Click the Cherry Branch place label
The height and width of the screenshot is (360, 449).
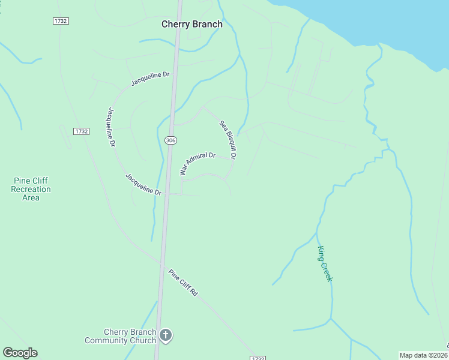[192, 25]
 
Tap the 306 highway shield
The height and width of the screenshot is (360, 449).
[170, 140]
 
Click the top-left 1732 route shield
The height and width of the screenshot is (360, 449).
[61, 21]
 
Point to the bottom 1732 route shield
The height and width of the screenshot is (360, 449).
[258, 358]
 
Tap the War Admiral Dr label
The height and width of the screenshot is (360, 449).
[197, 164]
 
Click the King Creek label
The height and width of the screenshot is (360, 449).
[325, 264]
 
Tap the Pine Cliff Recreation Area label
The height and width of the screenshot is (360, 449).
[31, 189]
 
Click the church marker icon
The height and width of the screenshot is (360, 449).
[166, 336]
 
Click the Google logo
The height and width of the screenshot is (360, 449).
[20, 353]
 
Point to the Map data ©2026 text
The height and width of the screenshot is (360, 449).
[424, 355]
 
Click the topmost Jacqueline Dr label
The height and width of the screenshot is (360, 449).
[151, 79]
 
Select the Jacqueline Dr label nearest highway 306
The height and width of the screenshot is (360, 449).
[143, 184]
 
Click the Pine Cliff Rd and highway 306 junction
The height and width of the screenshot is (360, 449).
[162, 263]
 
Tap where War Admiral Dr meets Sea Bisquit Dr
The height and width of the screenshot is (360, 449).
[231, 159]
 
